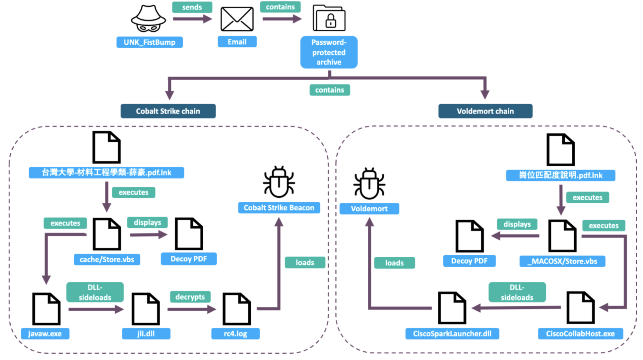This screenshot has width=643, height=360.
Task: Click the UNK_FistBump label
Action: (x=149, y=42)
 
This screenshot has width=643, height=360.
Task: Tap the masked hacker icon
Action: (x=148, y=19)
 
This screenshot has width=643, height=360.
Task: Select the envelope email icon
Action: (x=237, y=19)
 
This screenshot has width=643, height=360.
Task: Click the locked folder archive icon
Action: (x=329, y=18)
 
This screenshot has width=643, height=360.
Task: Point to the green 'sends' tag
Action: (x=192, y=7)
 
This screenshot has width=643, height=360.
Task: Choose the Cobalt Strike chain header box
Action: (x=168, y=111)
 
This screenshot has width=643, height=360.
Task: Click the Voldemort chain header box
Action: (x=485, y=111)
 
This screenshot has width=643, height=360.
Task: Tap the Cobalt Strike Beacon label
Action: (x=279, y=208)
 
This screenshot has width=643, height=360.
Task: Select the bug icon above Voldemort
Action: (x=369, y=184)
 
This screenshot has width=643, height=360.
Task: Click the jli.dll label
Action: (x=146, y=333)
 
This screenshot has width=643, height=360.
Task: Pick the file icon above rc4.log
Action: (x=236, y=309)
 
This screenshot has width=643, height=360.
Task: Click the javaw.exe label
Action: (x=45, y=333)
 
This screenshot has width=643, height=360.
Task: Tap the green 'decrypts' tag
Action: (x=190, y=297)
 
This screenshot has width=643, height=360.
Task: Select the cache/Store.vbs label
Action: (x=107, y=260)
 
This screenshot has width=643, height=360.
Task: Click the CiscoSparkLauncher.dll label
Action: (x=452, y=333)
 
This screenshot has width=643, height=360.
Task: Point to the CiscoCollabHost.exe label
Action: (x=580, y=333)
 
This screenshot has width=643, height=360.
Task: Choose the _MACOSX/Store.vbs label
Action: (x=562, y=261)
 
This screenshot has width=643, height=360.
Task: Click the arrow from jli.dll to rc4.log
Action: (x=191, y=309)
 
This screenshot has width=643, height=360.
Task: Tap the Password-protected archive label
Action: (x=329, y=52)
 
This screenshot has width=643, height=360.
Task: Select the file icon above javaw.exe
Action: (x=46, y=309)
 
